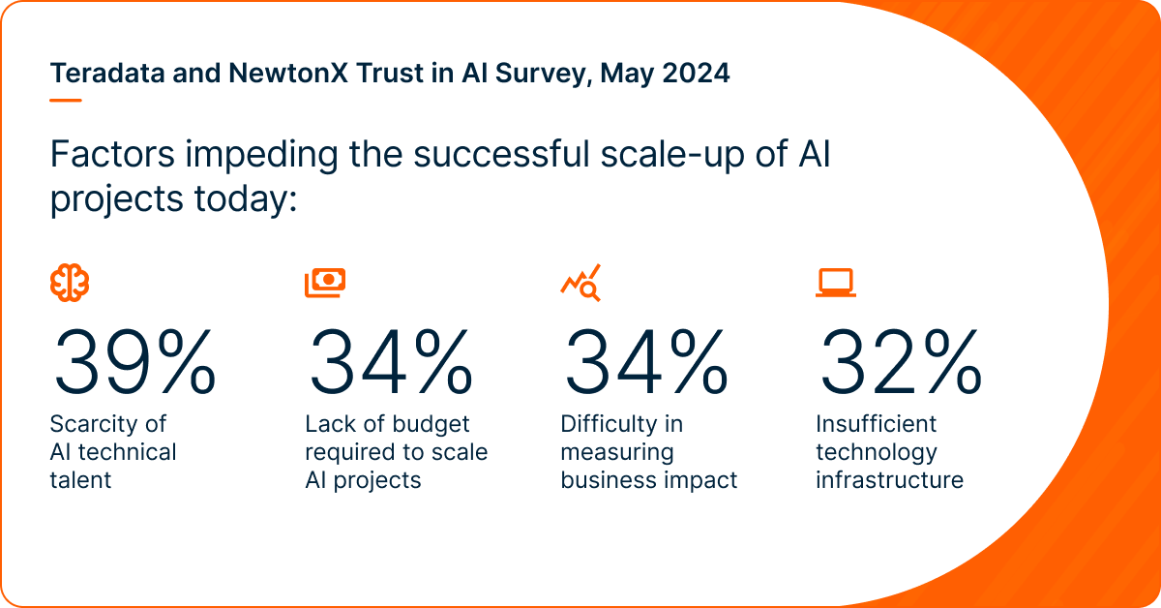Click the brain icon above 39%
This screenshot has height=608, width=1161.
tap(70, 282)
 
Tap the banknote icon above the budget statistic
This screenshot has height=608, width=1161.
tap(325, 282)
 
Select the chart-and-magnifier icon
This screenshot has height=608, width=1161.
tap(580, 282)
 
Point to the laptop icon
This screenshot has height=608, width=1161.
tap(836, 283)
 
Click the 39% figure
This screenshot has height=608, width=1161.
tap(134, 361)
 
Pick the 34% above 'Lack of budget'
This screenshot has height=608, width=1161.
tap(389, 361)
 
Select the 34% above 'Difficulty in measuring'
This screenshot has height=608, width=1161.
tap(644, 361)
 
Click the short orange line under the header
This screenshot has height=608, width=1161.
tap(65, 99)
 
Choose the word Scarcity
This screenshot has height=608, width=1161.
tap(95, 424)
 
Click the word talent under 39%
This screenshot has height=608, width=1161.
tap(80, 480)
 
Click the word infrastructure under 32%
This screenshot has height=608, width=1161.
tap(889, 480)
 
